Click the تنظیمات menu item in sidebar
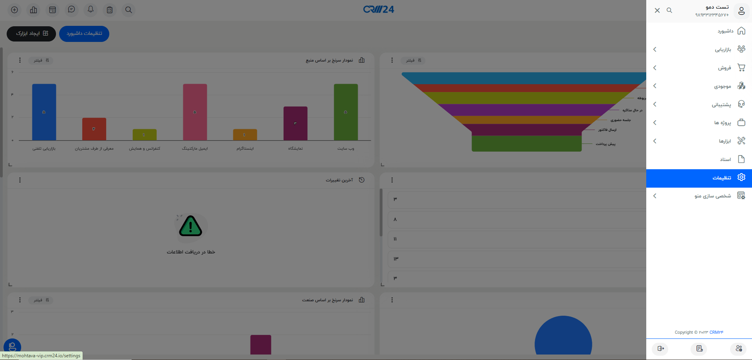(721, 178)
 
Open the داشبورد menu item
(725, 31)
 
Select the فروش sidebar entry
(724, 68)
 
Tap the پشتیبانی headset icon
(741, 104)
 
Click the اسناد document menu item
(725, 159)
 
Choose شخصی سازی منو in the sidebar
(712, 196)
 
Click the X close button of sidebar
(657, 11)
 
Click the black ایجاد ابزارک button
(31, 34)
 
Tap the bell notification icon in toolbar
(90, 10)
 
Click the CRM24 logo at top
(378, 9)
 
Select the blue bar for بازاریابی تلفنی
(44, 112)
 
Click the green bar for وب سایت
(345, 112)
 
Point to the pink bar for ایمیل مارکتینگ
(195, 112)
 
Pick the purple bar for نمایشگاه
(295, 123)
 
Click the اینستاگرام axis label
(245, 149)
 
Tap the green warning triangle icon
(190, 226)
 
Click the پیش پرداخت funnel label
(606, 144)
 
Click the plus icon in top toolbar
(14, 10)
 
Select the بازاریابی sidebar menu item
(723, 49)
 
